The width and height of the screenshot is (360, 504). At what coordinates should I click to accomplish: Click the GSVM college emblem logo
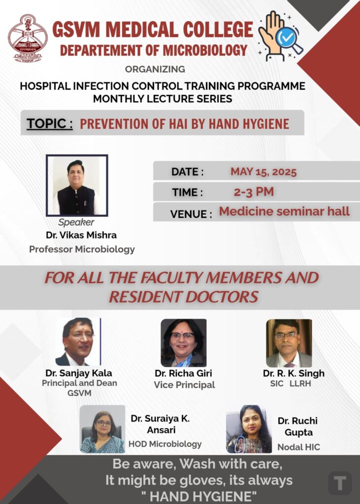[x=28, y=37]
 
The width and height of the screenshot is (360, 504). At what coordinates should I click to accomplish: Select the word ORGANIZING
[x=155, y=69]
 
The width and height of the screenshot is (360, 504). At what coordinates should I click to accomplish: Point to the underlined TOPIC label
[x=50, y=124]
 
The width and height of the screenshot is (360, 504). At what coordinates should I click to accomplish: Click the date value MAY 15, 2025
[x=263, y=172]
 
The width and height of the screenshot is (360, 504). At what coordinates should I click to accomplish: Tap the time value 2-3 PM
[x=254, y=192]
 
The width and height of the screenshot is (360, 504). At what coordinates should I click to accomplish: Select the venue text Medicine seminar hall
[x=284, y=211]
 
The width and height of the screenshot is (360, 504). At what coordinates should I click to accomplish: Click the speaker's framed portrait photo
[x=77, y=186]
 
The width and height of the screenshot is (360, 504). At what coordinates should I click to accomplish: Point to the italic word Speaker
[x=76, y=222]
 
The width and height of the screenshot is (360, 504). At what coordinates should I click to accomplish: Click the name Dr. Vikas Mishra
[x=81, y=235]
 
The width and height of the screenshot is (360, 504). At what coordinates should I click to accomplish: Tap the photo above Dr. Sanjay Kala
[x=78, y=342]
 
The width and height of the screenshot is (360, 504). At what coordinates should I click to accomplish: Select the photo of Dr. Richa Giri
[x=184, y=343]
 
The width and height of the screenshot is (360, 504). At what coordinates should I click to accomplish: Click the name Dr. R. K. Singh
[x=294, y=373]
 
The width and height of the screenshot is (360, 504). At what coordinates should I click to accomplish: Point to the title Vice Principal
[x=184, y=385]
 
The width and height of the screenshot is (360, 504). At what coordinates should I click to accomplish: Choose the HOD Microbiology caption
[x=165, y=444]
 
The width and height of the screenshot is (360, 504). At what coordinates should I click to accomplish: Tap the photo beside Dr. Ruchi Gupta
[x=249, y=429]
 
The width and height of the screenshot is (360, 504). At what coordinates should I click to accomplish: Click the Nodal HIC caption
[x=299, y=447]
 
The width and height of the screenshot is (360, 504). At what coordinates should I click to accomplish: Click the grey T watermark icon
[x=340, y=483]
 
